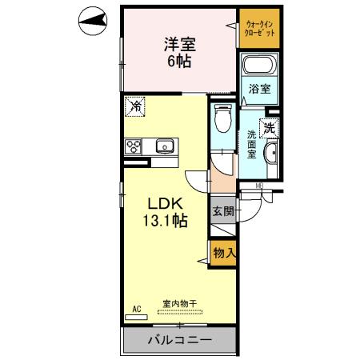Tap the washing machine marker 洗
tap(270, 127)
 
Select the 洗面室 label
tap(252, 144)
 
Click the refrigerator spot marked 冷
tap(136, 106)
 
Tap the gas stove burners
tap(134, 146)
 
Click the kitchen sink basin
tap(166, 146)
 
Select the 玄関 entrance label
tap(223, 212)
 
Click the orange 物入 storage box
tap(224, 253)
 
